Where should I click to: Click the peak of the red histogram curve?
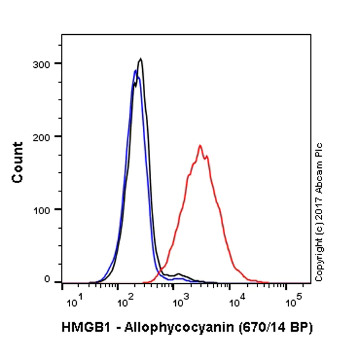pos(200,145)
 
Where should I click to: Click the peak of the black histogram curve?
pos(140,59)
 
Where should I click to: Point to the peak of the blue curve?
pos(135,71)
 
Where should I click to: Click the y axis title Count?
pos(17,163)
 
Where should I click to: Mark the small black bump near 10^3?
pos(179,274)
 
